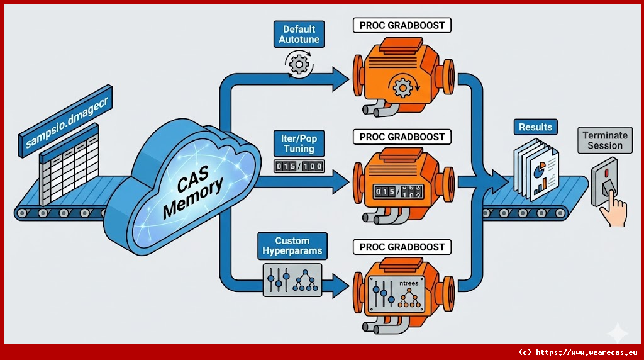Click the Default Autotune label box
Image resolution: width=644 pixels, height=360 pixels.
tap(299, 35)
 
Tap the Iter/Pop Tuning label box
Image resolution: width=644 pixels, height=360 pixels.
tap(299, 143)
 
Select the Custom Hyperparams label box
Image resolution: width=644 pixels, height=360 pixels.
tap(292, 246)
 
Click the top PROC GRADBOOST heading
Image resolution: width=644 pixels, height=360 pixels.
tap(402, 26)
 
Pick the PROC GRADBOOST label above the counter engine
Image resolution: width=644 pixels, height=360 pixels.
tap(402, 137)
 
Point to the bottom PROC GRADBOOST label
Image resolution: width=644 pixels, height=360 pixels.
tap(402, 247)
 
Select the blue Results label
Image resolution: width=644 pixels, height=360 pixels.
tap(535, 127)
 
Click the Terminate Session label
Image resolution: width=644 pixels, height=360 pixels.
tap(605, 140)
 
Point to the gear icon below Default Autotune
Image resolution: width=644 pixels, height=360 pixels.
tap(299, 62)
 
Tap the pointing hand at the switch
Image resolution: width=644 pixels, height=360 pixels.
tap(613, 211)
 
